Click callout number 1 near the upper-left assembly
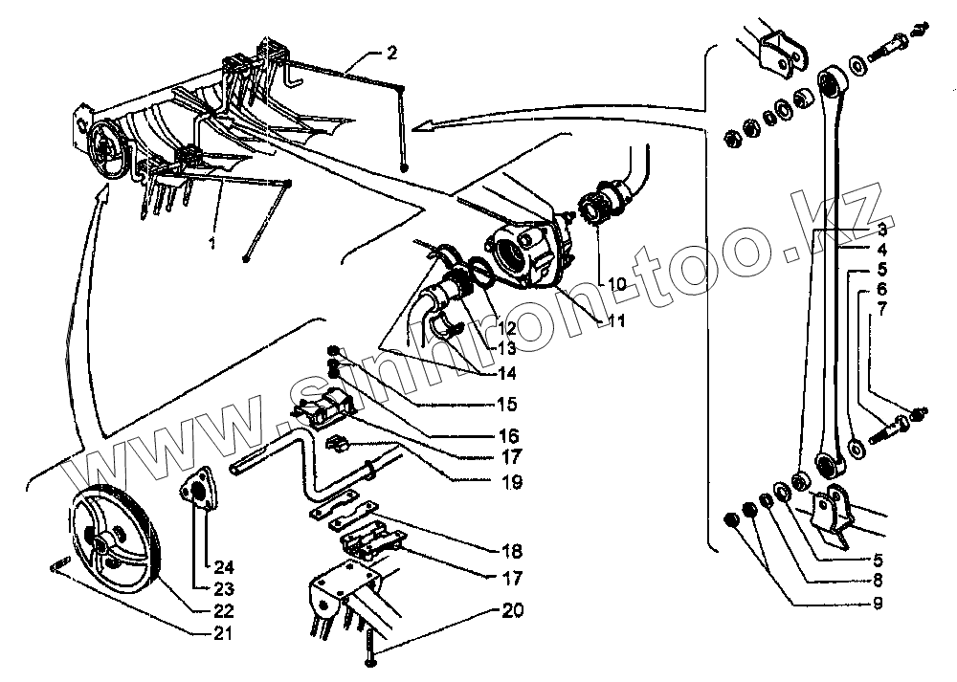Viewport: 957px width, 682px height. click(212, 243)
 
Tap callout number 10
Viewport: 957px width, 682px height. click(614, 284)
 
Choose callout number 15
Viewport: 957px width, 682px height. click(507, 403)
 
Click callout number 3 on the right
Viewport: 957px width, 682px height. click(881, 230)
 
